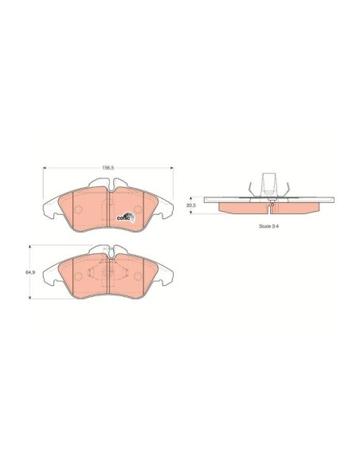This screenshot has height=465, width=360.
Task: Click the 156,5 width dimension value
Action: [108, 167]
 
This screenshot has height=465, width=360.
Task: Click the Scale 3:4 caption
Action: [269, 226]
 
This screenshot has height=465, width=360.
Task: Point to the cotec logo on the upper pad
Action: [126, 217]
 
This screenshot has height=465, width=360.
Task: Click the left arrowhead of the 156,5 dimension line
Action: [45, 168]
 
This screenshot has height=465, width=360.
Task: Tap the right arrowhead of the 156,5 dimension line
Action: [171, 168]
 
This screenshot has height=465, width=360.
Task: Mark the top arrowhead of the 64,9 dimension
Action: [29, 247]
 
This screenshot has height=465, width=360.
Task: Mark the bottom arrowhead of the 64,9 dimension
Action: [29, 297]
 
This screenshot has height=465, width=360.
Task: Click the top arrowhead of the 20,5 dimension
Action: [191, 198]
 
